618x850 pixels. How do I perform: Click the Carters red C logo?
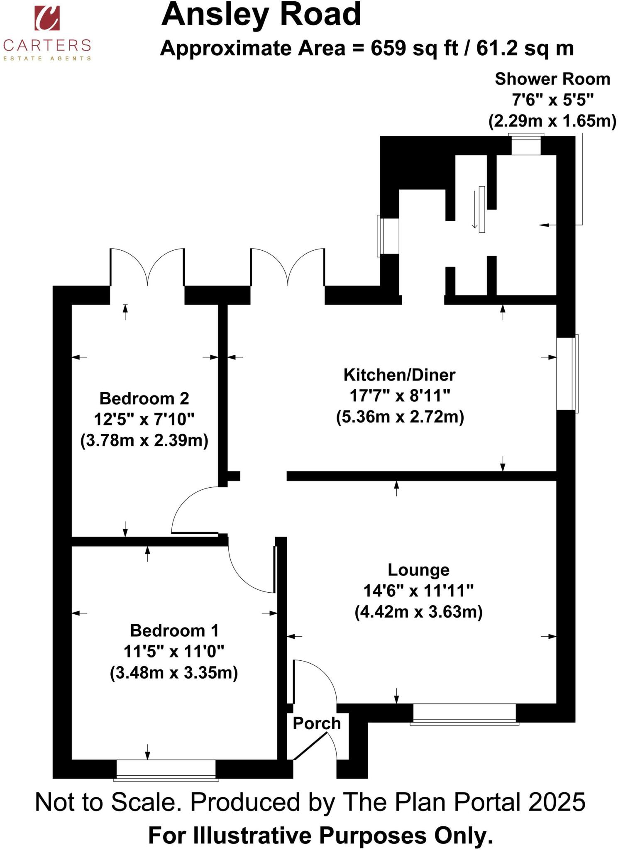pos(47,18)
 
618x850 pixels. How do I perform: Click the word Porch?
pos(317,723)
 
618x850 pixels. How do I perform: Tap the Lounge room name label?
pos(418,570)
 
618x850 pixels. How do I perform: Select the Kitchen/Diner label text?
pos(399,375)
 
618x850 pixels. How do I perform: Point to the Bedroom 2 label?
pos(144,398)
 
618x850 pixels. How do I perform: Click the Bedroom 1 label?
pos(174,630)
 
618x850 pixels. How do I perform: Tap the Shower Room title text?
pos(552,79)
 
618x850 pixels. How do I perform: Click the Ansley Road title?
pos(261,15)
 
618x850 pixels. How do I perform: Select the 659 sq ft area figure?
pos(414,49)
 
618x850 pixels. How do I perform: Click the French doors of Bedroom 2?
pos(147,268)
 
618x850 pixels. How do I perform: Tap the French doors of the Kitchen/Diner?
pos(287,268)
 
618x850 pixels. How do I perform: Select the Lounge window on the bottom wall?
pos(464,713)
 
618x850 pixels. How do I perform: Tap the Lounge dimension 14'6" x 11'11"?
pos(418,591)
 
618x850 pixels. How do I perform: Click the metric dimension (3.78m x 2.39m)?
pos(144,440)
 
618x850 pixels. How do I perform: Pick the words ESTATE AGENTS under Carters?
pos(47,59)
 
